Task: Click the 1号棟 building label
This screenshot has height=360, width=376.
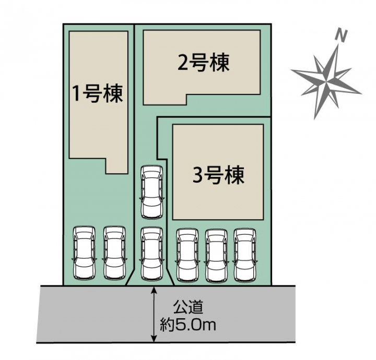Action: (98, 93)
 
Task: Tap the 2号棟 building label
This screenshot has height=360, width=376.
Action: (203, 64)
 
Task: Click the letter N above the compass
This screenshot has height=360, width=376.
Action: (341, 36)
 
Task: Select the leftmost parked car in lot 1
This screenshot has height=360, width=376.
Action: (85, 253)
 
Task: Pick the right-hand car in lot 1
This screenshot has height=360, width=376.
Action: (114, 253)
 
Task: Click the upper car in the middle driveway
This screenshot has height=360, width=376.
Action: (151, 191)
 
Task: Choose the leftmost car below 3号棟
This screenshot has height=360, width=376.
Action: (187, 255)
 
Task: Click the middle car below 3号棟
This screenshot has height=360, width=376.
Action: (217, 255)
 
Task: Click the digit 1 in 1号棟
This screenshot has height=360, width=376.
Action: (77, 94)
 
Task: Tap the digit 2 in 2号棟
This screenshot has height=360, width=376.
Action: (183, 64)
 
